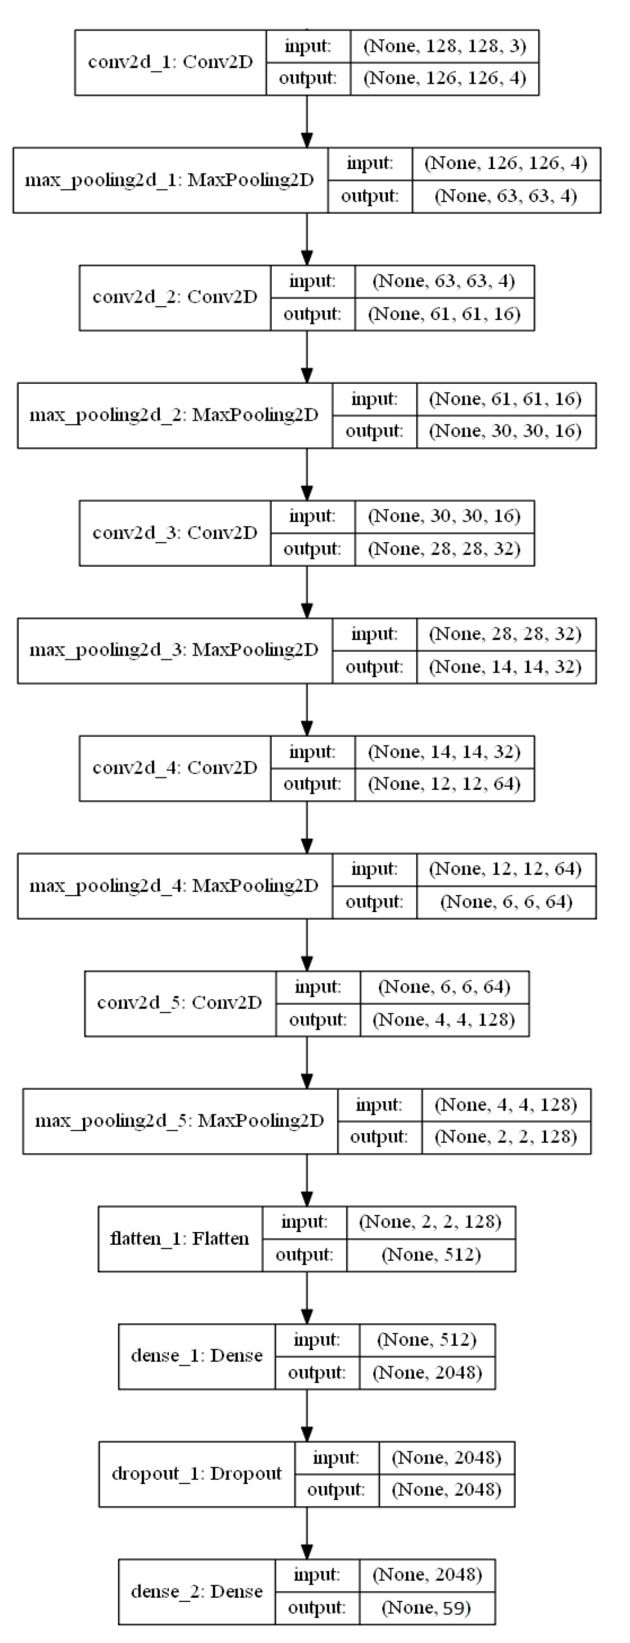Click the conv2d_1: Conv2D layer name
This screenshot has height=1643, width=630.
(170, 62)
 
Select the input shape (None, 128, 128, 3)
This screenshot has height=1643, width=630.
(444, 46)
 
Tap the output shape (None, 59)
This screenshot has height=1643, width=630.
(427, 1608)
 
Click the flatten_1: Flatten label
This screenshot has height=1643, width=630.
(179, 1239)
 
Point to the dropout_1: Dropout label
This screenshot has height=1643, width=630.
(196, 1474)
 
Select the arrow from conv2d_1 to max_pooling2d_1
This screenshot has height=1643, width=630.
(307, 121)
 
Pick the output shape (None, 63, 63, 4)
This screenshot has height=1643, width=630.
(506, 196)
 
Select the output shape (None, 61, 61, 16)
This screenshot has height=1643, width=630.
(444, 314)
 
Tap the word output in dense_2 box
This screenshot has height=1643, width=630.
(317, 1608)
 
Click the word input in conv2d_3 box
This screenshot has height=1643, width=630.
(312, 516)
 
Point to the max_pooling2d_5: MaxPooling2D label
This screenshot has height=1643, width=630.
(179, 1121)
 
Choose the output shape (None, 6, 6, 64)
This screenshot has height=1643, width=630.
(506, 902)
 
